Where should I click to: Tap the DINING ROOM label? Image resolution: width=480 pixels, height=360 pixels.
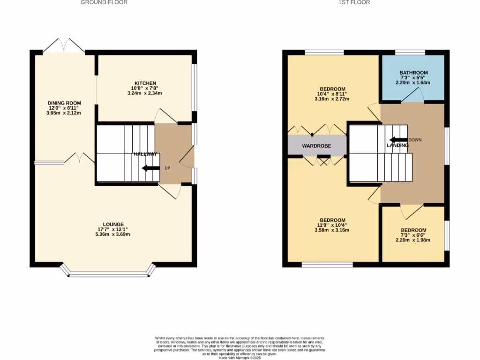point(64,103)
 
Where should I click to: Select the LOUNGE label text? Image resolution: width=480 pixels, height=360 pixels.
point(113,224)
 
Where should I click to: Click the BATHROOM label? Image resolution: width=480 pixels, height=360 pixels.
point(413,73)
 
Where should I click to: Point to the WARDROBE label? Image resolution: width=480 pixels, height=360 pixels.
point(316,146)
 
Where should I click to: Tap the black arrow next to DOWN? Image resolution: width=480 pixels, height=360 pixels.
point(398,140)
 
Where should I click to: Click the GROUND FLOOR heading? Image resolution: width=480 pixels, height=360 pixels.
point(104,2)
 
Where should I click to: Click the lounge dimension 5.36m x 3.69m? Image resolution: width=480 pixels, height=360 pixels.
point(113,234)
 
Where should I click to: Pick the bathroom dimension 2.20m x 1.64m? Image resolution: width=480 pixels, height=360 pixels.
point(413,83)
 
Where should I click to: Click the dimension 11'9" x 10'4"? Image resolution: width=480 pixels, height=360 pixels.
point(332,225)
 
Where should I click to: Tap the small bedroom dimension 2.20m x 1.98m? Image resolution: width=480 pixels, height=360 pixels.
point(413,240)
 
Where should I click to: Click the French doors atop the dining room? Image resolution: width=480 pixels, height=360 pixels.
point(64,45)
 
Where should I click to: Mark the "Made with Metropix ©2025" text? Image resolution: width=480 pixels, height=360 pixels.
point(240,357)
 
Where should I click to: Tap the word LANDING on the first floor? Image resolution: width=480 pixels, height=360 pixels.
point(397,145)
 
